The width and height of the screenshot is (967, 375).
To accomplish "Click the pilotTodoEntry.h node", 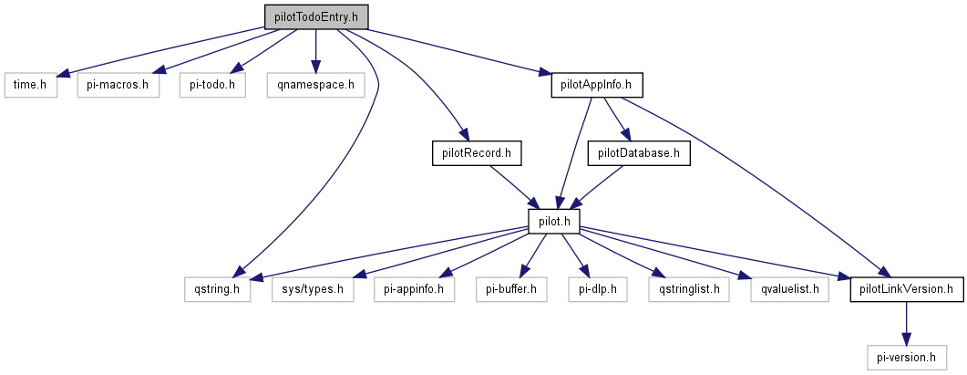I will coord(315,16).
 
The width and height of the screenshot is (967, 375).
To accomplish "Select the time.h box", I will coord(30,85).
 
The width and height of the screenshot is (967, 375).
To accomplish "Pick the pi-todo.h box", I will coord(211,85).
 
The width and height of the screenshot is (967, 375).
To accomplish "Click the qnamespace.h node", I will coord(315,85).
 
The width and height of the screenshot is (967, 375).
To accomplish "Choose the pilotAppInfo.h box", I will coord(597,85).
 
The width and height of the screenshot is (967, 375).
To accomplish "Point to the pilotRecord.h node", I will coord(476,152).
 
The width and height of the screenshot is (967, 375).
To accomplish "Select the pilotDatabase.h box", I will coord(639,152).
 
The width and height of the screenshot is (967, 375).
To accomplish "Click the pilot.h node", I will coord(554,220).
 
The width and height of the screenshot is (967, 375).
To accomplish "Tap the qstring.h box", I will coord(217,289).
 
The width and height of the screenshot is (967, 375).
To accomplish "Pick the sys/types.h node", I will coord(312,289).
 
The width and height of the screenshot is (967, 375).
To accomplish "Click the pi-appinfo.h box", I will coord(415,289).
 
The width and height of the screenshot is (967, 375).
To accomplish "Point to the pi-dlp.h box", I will coord(598,289).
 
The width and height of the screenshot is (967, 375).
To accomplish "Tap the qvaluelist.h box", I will coord(783,289).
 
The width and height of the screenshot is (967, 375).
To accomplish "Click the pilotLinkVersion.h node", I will coord(906,289).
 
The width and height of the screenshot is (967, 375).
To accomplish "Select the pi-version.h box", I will coord(906,357).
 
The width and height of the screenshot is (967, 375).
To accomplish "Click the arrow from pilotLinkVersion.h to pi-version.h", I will coord(906,323).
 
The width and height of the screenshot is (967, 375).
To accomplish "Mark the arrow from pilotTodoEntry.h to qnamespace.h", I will coord(315,50).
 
